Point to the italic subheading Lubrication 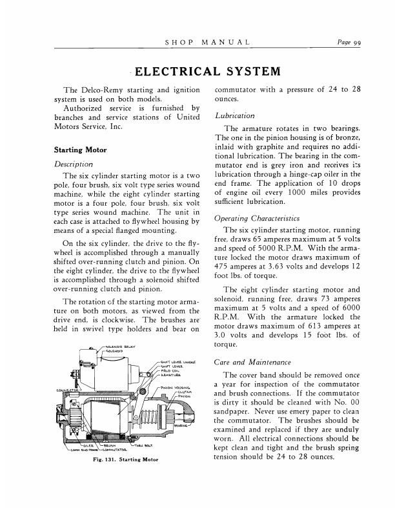coord(234,116)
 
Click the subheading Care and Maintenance coord(254,363)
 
